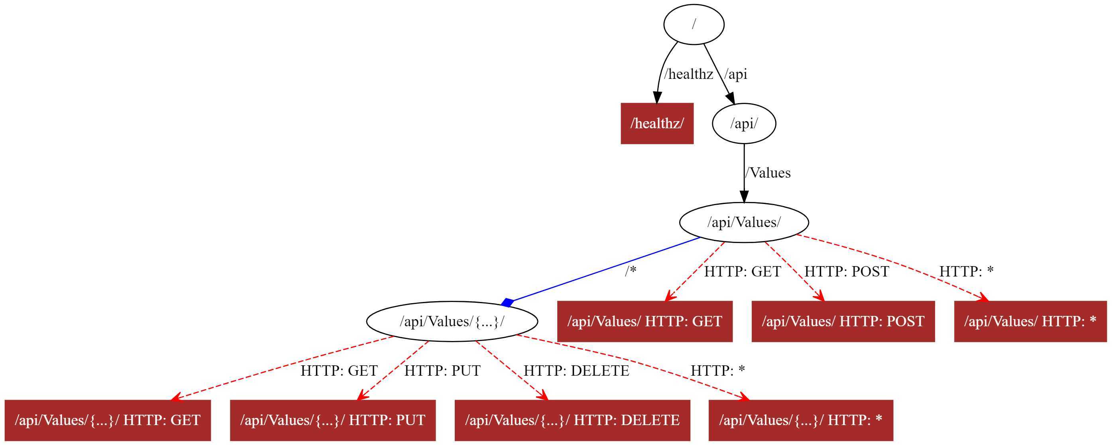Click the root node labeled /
point(694,24)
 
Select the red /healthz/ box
point(657,124)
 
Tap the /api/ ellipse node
point(744,124)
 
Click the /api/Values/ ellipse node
point(744,222)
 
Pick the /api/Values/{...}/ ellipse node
point(452,321)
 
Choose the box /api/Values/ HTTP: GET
point(645,321)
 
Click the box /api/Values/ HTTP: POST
point(843,321)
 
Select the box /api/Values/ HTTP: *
point(1030,321)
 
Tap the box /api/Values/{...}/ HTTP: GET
point(108,420)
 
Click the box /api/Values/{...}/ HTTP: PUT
point(333,420)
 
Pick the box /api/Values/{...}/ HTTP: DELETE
point(572,420)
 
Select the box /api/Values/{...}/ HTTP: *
point(801,420)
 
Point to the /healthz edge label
point(689,74)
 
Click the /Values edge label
point(768,173)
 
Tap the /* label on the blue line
point(631,271)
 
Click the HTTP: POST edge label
point(847,271)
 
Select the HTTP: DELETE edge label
point(576,371)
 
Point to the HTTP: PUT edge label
point(442,371)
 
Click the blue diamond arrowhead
point(508,302)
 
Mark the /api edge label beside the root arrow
point(736,74)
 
